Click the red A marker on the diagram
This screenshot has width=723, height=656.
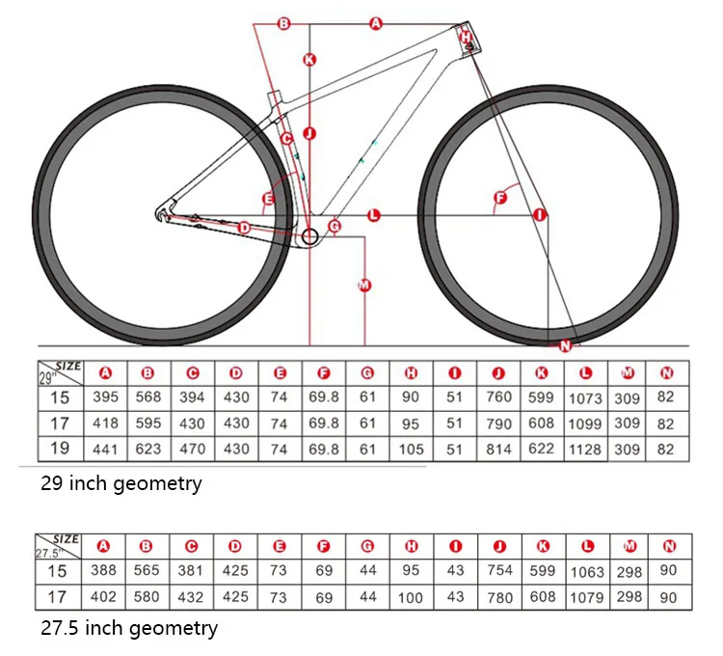tap(377, 23)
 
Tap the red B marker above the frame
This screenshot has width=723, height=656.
tap(283, 23)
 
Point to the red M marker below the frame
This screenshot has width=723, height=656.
tap(364, 284)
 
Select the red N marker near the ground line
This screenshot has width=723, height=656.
tap(565, 344)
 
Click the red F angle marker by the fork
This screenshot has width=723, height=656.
tap(500, 200)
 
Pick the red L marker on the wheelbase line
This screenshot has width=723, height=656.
tap(374, 214)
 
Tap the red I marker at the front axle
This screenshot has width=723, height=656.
tap(540, 214)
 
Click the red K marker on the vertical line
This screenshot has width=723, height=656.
tap(309, 60)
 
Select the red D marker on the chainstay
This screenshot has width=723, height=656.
tap(245, 228)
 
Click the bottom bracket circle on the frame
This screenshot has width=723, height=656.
tap(309, 236)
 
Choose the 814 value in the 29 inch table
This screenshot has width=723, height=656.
tap(498, 449)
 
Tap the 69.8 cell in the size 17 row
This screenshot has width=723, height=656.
tap(324, 423)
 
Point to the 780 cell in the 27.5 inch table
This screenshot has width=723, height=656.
tap(498, 597)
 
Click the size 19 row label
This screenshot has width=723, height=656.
tap(60, 449)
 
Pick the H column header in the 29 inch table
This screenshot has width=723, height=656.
tap(411, 373)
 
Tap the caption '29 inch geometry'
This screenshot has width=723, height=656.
tap(121, 484)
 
